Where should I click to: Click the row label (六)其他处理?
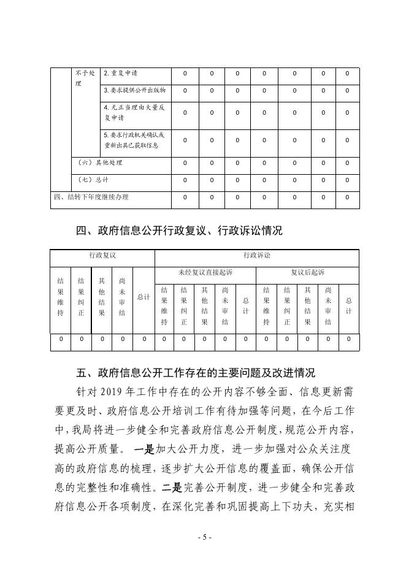[x=101, y=163]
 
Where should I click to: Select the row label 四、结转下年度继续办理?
[x=90, y=197]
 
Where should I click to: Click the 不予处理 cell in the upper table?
[x=85, y=78]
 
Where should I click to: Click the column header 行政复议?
[x=102, y=255]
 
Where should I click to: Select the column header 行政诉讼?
[x=256, y=255]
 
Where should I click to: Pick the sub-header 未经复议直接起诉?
[x=205, y=272]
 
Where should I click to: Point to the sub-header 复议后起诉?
[x=307, y=272]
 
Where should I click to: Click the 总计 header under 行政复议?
[x=144, y=297]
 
